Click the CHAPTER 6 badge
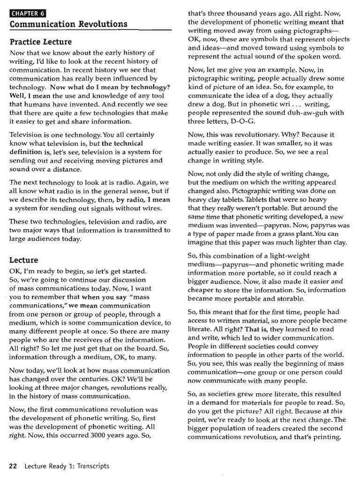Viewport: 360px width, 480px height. [29, 14]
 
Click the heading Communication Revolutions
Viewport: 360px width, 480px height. [68, 24]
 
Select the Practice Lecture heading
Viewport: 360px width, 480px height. [41, 42]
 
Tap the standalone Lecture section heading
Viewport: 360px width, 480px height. [24, 260]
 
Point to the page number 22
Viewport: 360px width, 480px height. [13, 466]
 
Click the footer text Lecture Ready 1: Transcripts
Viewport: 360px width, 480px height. [67, 466]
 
